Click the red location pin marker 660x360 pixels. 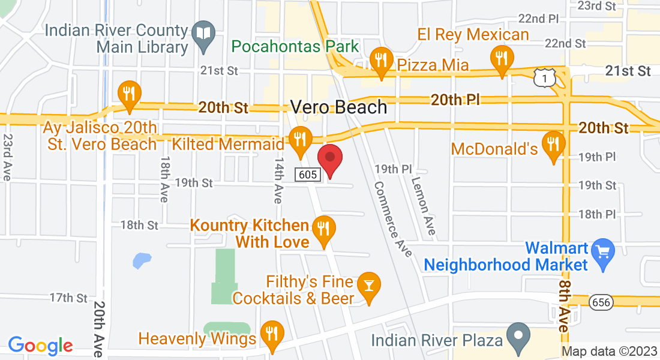(x=329, y=160)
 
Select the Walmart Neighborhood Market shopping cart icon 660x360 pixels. (x=601, y=249)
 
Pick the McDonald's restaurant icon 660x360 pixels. (x=551, y=145)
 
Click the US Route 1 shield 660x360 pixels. (x=542, y=76)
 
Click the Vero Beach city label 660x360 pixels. (x=339, y=107)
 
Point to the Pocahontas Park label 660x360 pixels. (x=295, y=46)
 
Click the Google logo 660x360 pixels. (x=40, y=345)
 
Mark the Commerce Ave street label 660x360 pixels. (x=392, y=219)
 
